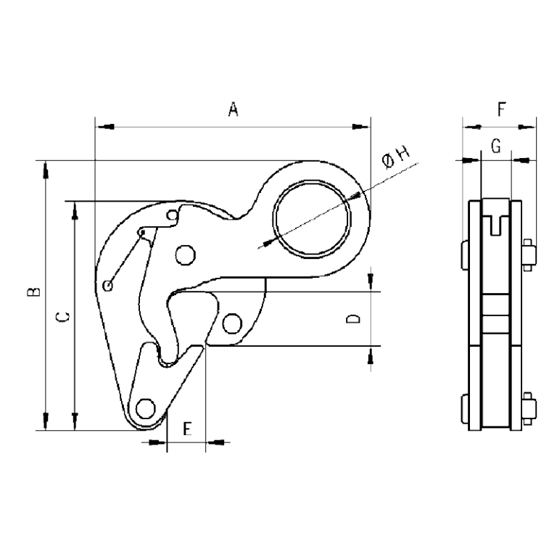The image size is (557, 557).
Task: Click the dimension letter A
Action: pos(233,110)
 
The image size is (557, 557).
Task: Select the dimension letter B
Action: pos(32,293)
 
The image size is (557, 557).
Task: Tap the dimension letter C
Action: pos(62,317)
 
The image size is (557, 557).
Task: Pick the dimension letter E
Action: pos(186,429)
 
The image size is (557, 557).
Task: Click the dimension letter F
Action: pos(501,110)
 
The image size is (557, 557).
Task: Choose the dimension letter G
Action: pos(496,147)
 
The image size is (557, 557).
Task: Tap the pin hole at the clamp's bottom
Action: pos(147,408)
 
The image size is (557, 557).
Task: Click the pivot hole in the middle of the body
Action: pos(185,255)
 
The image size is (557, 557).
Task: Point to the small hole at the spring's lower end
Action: pos(108,285)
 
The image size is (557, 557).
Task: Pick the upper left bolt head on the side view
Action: pos(464,253)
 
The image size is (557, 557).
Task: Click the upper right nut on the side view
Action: pos(529,253)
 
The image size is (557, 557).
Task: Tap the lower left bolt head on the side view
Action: pos(464,407)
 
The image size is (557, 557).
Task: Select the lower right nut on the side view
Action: pos(529,407)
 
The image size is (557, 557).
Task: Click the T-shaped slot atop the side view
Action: pos(496,221)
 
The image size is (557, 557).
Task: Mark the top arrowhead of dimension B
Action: pos(46,168)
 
